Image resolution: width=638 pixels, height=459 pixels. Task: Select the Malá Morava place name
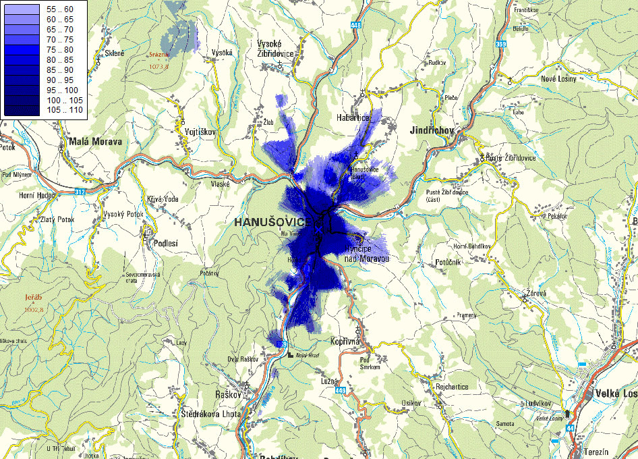click(x=95, y=142)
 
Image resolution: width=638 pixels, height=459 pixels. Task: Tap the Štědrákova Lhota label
click(x=210, y=413)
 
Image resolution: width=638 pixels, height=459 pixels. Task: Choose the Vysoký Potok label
click(x=123, y=214)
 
